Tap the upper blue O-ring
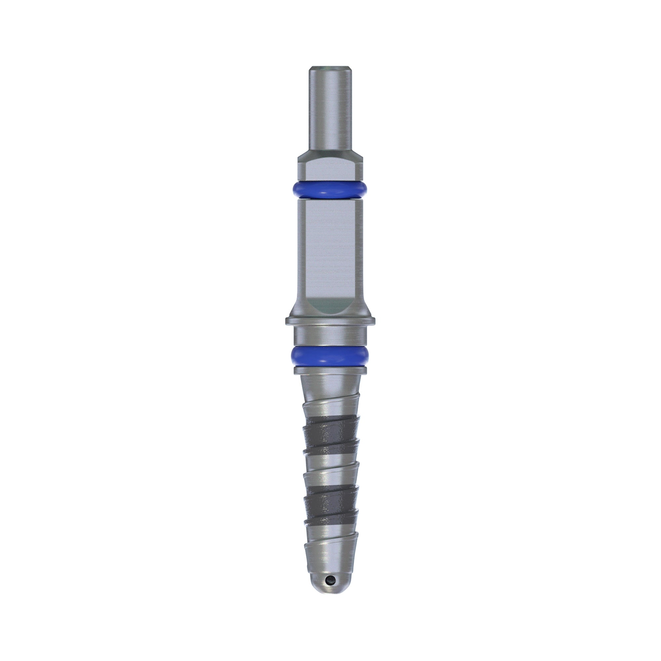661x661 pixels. pyautogui.click(x=330, y=190)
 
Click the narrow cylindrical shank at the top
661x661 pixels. pyautogui.click(x=330, y=109)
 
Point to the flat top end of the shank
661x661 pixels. pyautogui.click(x=330, y=68)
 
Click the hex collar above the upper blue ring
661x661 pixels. pyautogui.click(x=330, y=168)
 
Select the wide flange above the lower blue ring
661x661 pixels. pyautogui.click(x=330, y=321)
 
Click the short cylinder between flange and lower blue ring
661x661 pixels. pyautogui.click(x=330, y=337)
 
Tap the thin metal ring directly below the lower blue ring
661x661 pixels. pyautogui.click(x=330, y=371)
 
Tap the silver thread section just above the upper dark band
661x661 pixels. pyautogui.click(x=330, y=410)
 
